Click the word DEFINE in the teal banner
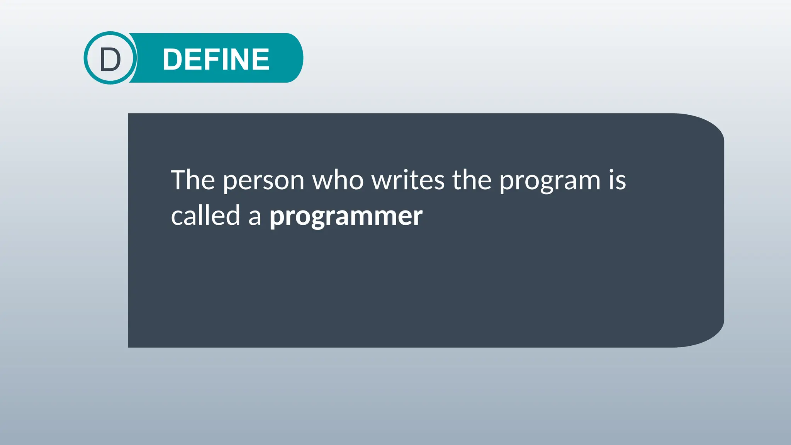[x=216, y=59]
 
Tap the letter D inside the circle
[x=110, y=60]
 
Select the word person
[x=264, y=181]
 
